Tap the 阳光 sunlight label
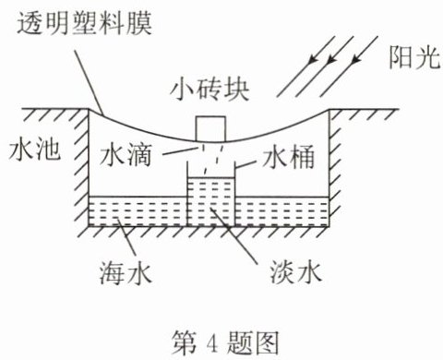(x=414, y=57)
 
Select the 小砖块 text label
(x=210, y=90)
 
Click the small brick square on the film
(x=210, y=128)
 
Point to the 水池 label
(x=34, y=150)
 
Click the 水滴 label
(x=126, y=154)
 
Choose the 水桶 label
(x=288, y=157)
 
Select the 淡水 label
(x=296, y=272)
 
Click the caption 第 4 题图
(x=225, y=342)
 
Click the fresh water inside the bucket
(x=211, y=201)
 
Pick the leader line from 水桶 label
(x=245, y=164)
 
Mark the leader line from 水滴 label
(x=179, y=150)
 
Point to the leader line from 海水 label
(x=126, y=236)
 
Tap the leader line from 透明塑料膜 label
(x=89, y=83)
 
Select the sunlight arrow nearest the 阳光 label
(x=349, y=66)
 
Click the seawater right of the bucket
(x=281, y=210)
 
